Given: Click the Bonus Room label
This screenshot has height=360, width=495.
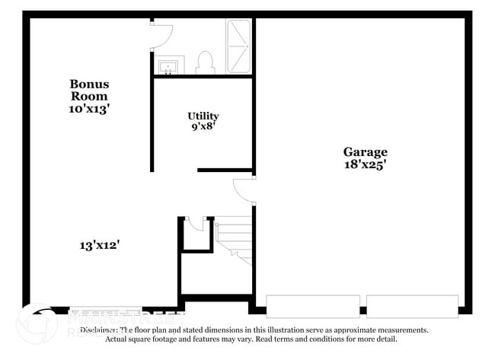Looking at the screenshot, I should pyautogui.click(x=88, y=90).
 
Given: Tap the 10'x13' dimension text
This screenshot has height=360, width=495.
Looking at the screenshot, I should pyautogui.click(x=88, y=109).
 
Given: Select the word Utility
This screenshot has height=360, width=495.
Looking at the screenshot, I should pyautogui.click(x=203, y=116).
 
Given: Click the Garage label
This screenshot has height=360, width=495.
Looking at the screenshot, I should pyautogui.click(x=365, y=151).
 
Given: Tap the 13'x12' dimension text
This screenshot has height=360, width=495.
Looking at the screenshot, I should pyautogui.click(x=100, y=245).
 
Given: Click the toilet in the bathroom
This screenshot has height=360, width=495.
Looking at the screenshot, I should pyautogui.click(x=205, y=62).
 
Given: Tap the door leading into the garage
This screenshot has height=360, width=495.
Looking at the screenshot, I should pyautogui.click(x=244, y=191).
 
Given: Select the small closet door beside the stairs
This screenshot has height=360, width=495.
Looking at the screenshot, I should pyautogui.click(x=196, y=223).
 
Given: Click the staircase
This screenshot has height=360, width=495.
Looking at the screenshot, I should pyautogui.click(x=234, y=239).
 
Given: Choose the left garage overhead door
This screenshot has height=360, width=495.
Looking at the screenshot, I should pyautogui.click(x=313, y=306).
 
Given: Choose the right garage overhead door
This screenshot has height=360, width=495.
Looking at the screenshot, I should pyautogui.click(x=412, y=306).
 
